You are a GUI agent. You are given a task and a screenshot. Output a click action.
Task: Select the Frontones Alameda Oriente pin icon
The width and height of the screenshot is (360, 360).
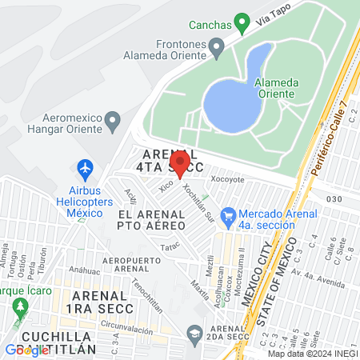pyautogui.click(x=215, y=50)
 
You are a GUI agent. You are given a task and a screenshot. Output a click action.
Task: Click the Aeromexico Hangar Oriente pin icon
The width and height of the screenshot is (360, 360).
pyautogui.click(x=113, y=122)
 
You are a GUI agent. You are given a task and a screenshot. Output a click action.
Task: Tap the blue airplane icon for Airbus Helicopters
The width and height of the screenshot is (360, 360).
pyautogui.click(x=84, y=169)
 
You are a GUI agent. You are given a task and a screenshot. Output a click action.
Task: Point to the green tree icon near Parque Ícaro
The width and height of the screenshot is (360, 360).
pyautogui.click(x=21, y=306)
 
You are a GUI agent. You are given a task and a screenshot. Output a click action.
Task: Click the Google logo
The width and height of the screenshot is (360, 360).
pyautogui.click(x=26, y=350)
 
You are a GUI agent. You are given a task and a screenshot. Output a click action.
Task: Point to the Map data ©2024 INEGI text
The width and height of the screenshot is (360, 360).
pyautogui.click(x=312, y=354)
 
